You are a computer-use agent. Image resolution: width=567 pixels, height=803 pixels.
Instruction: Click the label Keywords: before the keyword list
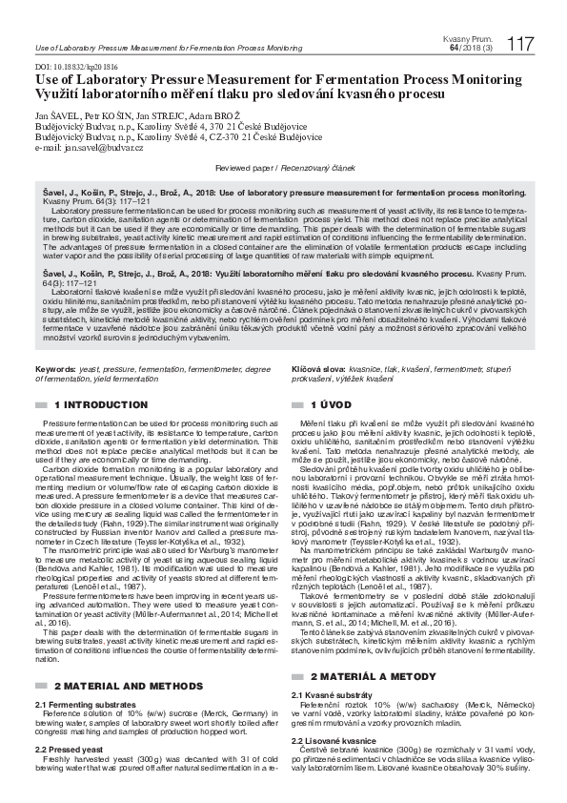(55, 367)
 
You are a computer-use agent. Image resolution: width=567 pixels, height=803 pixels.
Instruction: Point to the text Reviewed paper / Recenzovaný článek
(284, 167)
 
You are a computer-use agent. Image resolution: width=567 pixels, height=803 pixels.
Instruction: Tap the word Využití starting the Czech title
(58, 94)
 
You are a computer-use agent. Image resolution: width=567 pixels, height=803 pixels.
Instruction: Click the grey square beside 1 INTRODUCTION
(39, 405)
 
